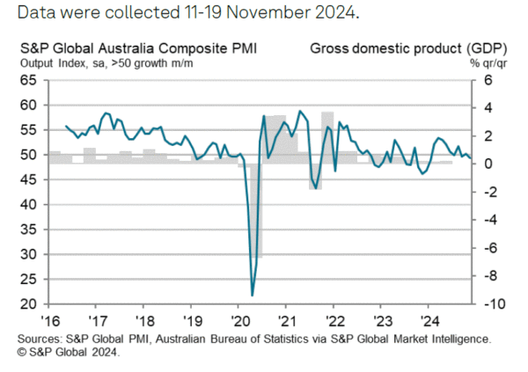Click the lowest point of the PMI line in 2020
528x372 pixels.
point(253,295)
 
